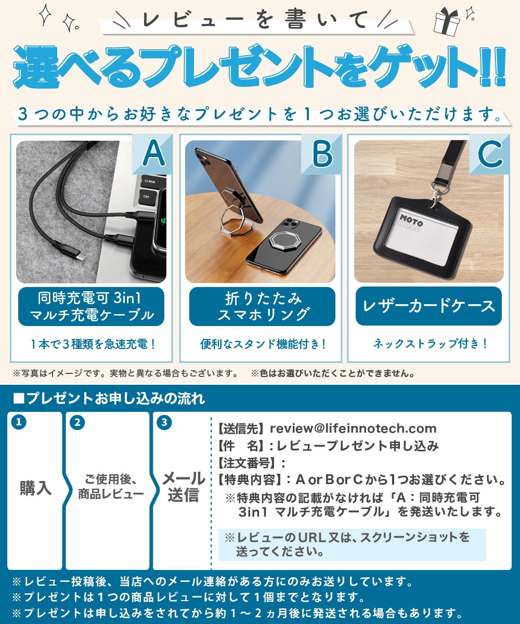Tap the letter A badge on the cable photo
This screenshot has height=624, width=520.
tap(153, 154)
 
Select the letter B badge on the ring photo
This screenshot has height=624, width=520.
tap(322, 154)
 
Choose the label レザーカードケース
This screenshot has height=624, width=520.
tap(429, 306)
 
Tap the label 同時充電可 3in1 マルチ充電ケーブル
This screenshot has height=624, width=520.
tap(92, 306)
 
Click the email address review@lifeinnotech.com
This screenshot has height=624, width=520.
tap(353, 429)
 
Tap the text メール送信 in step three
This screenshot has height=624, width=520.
tap(183, 486)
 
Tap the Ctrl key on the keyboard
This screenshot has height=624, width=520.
tap(147, 197)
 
